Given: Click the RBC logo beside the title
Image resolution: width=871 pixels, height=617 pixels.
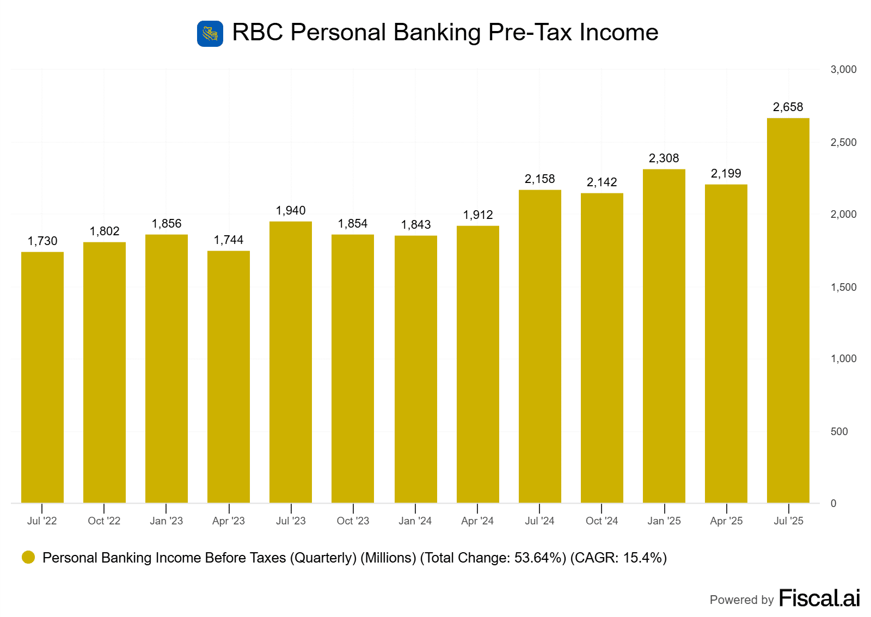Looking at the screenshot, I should [210, 34].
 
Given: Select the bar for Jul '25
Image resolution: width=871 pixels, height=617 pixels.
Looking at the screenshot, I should [788, 310].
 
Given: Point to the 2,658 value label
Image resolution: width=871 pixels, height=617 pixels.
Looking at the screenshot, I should [788, 107].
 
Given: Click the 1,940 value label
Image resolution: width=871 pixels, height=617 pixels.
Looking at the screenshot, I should [291, 211].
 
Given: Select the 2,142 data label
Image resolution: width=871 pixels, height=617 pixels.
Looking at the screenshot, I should [602, 182].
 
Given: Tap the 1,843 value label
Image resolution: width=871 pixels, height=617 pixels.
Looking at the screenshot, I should [416, 225].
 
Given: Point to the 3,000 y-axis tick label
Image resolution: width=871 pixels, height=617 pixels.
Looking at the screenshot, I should [843, 70].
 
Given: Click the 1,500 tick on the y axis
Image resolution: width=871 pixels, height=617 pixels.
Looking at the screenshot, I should [843, 288].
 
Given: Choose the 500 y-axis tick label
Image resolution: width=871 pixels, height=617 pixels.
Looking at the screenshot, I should [839, 432].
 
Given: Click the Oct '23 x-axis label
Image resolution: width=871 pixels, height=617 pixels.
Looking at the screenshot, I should [353, 521].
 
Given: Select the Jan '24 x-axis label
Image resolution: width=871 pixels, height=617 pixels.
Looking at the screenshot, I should [415, 521].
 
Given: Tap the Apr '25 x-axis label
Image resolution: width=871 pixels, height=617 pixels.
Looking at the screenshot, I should [726, 521].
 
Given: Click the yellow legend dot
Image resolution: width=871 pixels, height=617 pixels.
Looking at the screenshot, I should [28, 557].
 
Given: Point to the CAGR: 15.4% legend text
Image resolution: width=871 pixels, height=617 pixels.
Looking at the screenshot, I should [618, 558].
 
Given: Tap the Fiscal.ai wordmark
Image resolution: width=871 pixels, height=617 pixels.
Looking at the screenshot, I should [819, 598].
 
